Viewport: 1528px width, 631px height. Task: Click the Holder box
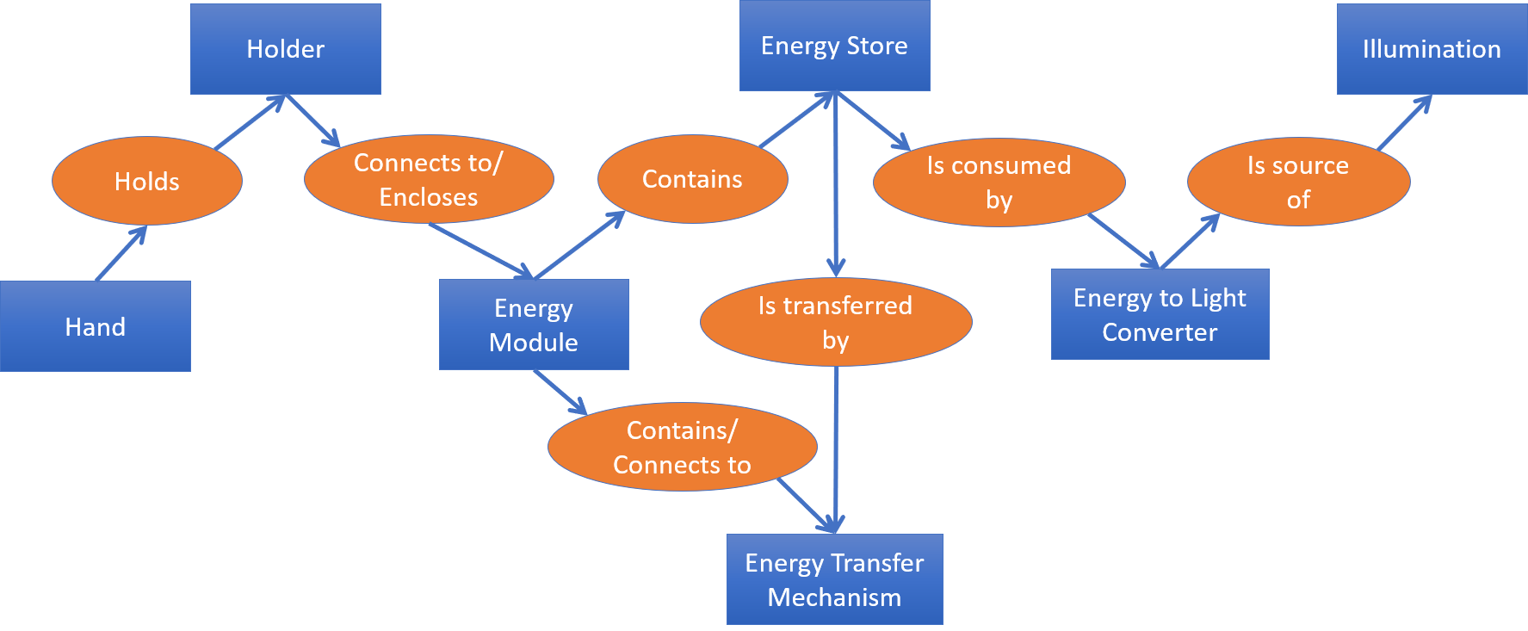pos(285,49)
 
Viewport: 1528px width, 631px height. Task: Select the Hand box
pos(95,326)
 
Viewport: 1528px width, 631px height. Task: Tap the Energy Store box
pos(834,46)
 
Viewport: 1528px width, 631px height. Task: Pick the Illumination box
pos(1432,49)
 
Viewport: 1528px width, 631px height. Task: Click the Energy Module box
pos(534,325)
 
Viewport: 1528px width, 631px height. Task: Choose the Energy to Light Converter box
pos(1160,314)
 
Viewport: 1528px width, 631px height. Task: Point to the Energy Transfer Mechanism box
pos(834,579)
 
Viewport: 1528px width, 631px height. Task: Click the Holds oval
pos(147,181)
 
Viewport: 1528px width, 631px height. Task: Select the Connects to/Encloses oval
pos(429,179)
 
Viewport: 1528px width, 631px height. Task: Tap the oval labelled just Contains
pos(692,179)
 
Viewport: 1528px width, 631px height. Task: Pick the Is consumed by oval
pos(999,182)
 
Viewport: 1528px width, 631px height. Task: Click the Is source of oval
pos(1298,182)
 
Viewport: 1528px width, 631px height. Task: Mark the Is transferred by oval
pos(835,322)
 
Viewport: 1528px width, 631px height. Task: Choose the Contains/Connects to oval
pos(682,447)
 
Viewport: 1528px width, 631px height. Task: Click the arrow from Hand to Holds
pos(121,254)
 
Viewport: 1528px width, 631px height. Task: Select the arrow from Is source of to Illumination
pos(1403,123)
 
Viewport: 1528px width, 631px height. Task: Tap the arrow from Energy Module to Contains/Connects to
pos(560,392)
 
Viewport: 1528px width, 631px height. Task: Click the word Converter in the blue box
pos(1160,332)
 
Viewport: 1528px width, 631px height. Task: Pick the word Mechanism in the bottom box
pos(834,597)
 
